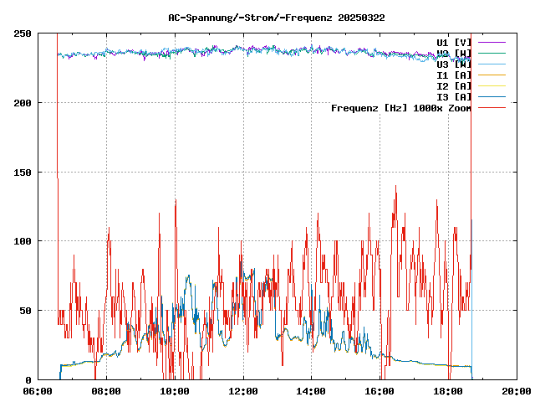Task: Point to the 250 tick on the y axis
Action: point(23,33)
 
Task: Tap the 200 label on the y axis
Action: point(23,103)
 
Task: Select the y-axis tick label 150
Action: point(23,172)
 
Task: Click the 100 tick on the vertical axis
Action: point(23,241)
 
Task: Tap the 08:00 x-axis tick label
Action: point(106,391)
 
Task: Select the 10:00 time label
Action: point(175,391)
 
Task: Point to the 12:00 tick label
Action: point(243,391)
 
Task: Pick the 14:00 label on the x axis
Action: point(311,391)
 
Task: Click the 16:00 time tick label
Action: point(380,391)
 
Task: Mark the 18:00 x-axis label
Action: point(448,391)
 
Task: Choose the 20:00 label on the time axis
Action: point(517,391)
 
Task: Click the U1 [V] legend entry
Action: point(454,42)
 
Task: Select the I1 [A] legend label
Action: point(454,75)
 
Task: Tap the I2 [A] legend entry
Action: point(454,85)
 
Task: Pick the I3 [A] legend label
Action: point(454,96)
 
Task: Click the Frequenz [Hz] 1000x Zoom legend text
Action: point(401,107)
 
